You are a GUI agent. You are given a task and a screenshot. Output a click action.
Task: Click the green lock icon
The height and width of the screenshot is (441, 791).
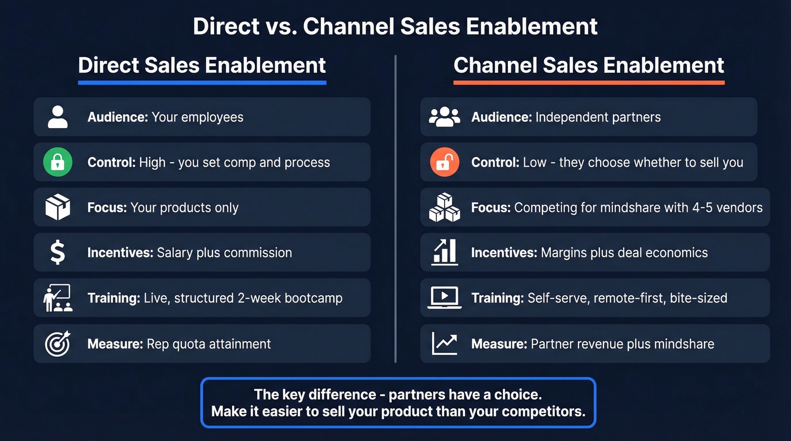[x=58, y=163]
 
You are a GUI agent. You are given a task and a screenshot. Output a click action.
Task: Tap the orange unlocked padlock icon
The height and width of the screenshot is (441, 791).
[x=445, y=163]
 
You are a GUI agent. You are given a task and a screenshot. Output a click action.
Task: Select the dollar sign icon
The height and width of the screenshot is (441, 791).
[x=58, y=252]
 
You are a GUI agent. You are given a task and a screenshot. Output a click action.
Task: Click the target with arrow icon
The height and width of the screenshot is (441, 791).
[x=58, y=343]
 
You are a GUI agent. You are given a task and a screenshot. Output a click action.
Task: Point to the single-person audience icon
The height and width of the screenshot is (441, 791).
[x=58, y=117]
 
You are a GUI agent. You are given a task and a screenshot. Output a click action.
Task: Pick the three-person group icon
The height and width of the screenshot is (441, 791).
[x=445, y=117]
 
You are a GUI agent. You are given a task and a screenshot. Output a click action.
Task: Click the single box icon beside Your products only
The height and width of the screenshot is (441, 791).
[x=58, y=207]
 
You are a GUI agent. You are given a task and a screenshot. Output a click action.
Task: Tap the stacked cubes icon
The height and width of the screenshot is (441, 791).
[x=445, y=207]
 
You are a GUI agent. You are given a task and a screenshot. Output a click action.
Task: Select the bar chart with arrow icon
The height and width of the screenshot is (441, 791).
[x=445, y=252]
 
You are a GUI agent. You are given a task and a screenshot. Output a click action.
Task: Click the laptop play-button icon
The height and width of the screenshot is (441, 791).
[x=445, y=298]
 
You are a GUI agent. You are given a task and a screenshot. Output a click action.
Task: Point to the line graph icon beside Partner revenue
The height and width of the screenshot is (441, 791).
[x=445, y=343]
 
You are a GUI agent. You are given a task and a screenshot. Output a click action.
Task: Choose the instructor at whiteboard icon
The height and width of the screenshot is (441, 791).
[x=58, y=298]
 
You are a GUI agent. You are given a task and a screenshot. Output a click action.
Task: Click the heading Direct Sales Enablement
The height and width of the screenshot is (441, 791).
[x=202, y=65]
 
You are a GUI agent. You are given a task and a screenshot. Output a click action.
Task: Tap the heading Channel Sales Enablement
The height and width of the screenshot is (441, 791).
[x=589, y=65]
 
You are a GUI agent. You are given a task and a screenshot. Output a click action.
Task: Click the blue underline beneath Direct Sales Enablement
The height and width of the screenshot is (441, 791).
[x=202, y=82]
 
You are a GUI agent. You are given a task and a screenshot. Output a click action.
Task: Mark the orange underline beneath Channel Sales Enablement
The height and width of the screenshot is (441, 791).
[x=589, y=82]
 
